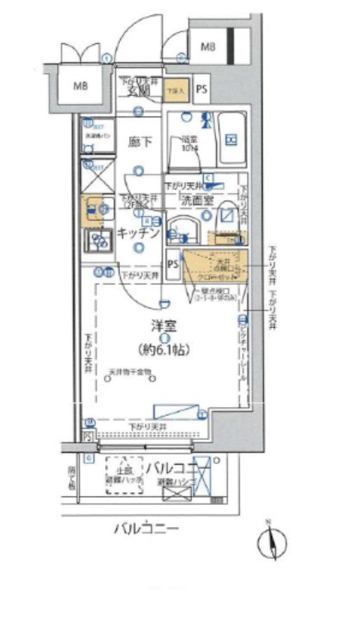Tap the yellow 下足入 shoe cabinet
coord(176,90)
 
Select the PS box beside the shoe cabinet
coord(201,90)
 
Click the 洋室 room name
coord(161,326)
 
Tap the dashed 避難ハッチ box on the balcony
coord(124,475)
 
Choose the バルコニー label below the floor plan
coord(145,530)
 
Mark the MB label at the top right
coord(208,47)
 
